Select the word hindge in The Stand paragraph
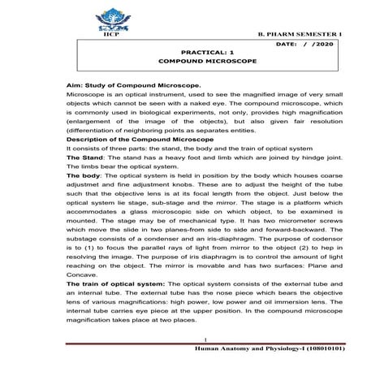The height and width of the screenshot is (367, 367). point(295,159)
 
